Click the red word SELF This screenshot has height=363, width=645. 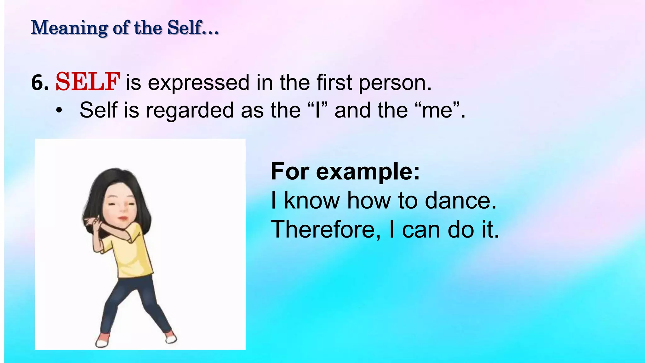point(88,82)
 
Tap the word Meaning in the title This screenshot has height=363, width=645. point(69,28)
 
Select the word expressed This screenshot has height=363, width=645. point(198,83)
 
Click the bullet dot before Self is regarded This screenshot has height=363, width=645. point(59,111)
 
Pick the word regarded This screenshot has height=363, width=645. point(189,110)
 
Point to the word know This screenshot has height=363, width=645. point(312,201)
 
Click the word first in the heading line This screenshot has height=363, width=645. point(334,83)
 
